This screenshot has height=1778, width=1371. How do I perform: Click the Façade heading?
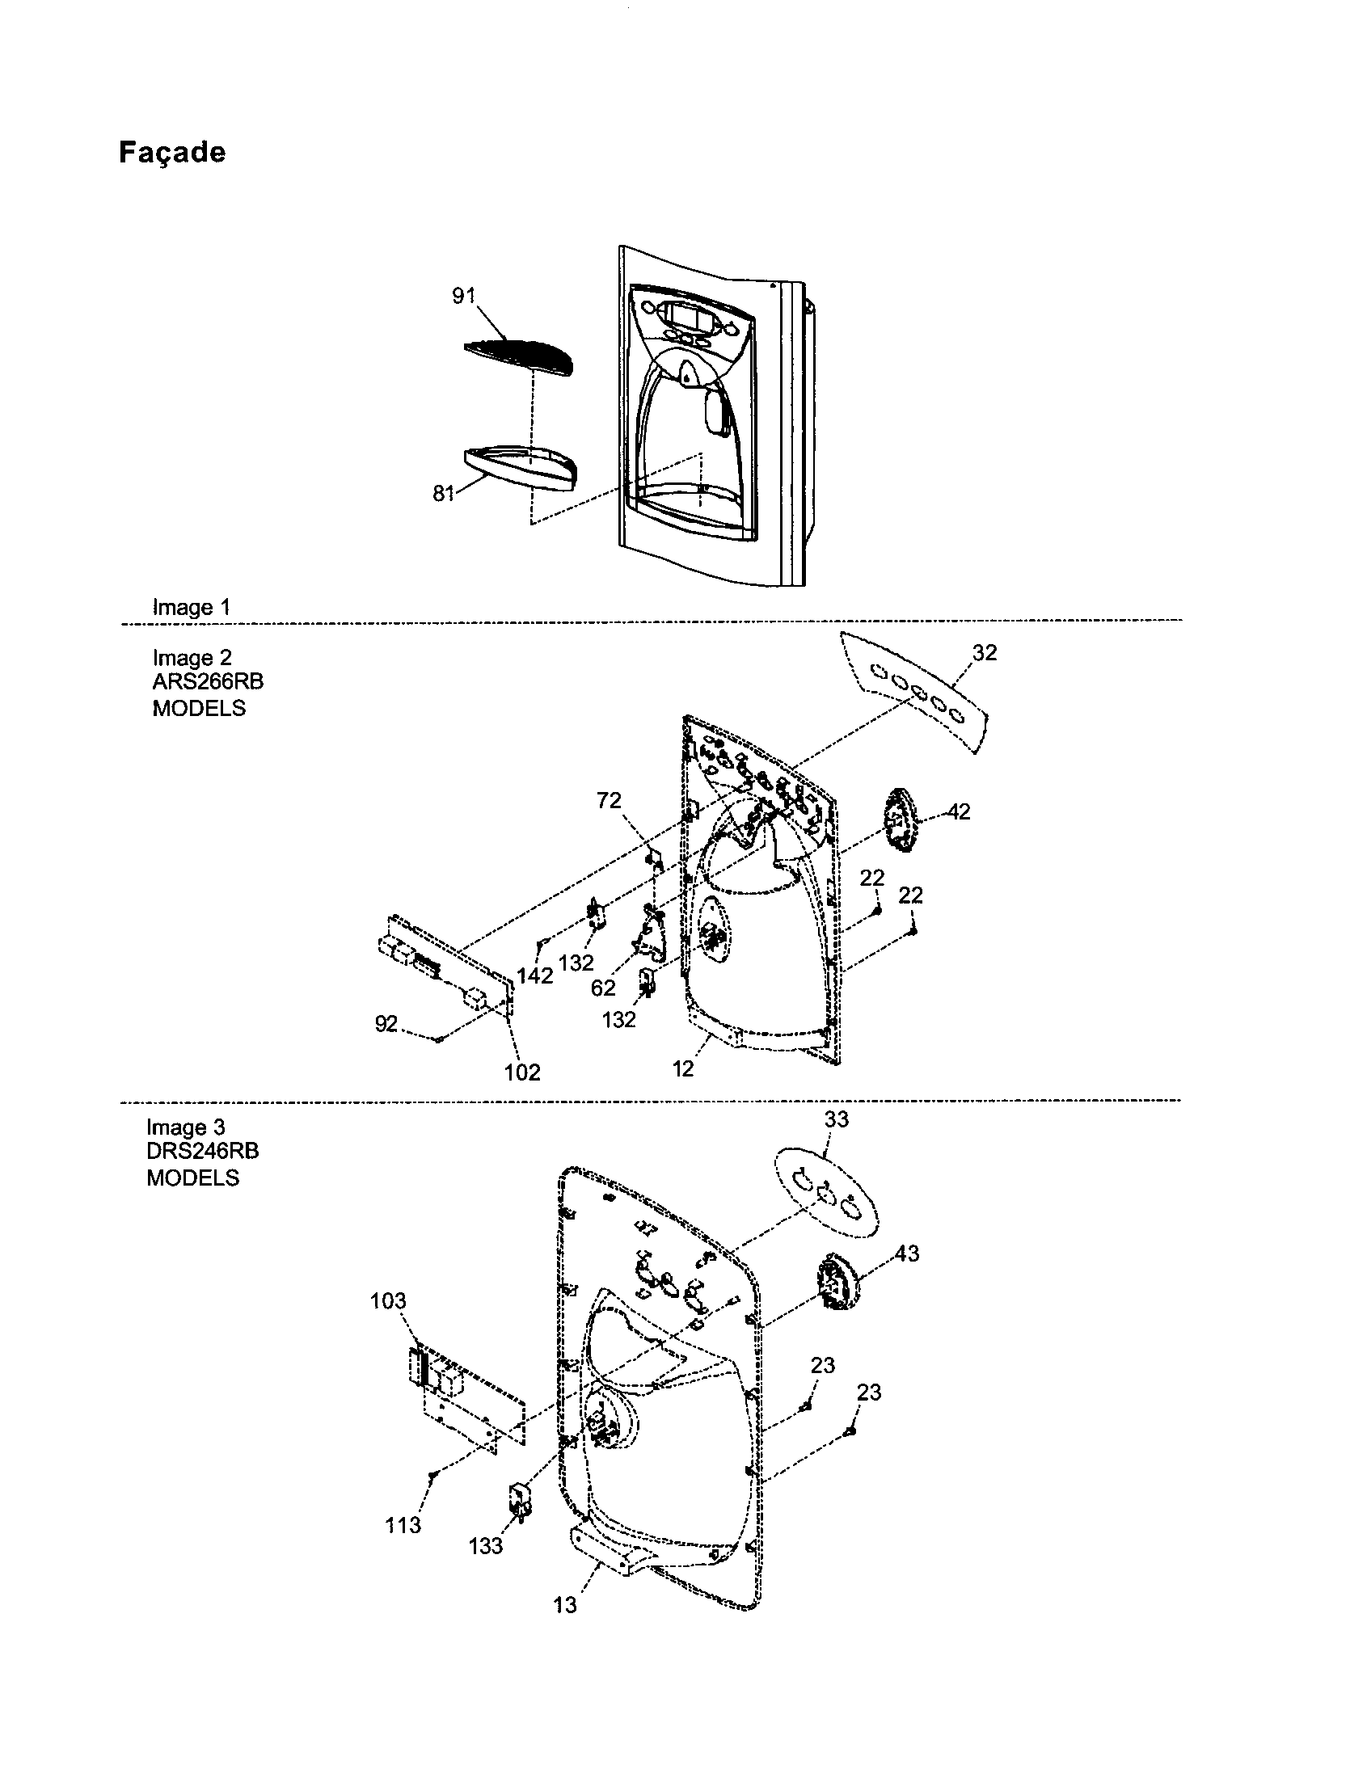click(172, 153)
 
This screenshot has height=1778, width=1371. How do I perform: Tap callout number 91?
click(463, 297)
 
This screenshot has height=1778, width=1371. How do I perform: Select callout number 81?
click(443, 493)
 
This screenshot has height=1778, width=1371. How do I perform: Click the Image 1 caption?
click(192, 607)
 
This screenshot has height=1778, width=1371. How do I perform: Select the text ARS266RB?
click(208, 681)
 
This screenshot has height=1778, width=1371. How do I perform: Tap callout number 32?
click(984, 653)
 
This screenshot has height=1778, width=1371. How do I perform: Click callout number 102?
click(522, 1072)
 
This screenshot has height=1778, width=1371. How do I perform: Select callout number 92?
click(386, 1024)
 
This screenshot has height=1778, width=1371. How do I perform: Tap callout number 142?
click(535, 975)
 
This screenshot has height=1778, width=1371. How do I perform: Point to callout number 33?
click(836, 1119)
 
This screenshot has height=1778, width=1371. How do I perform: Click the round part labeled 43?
click(838, 1287)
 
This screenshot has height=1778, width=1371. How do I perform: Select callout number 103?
click(387, 1301)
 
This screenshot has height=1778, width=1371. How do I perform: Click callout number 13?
click(564, 1604)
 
